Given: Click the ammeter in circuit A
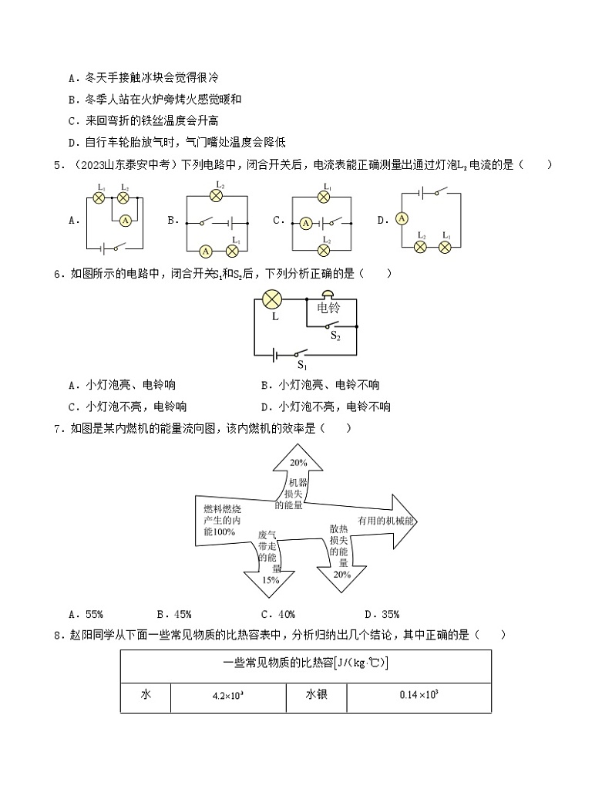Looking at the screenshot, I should click(x=125, y=220).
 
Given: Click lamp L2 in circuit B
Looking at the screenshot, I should click(x=218, y=196).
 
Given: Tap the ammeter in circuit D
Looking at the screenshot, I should click(x=401, y=219).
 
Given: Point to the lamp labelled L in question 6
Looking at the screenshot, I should click(x=272, y=300).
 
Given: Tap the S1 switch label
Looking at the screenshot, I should click(x=302, y=366).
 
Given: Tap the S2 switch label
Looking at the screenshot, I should click(x=335, y=336).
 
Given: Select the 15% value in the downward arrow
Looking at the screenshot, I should click(x=270, y=580).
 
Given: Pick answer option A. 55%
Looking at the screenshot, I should click(x=85, y=614).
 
